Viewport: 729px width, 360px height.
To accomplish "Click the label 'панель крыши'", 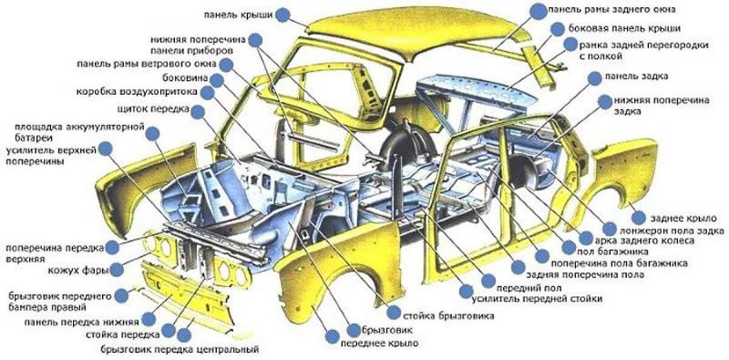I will click(x=239, y=15).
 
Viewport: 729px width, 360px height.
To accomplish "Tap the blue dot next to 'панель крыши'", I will click(x=282, y=15).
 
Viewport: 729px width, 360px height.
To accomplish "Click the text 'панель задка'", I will click(x=639, y=77).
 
